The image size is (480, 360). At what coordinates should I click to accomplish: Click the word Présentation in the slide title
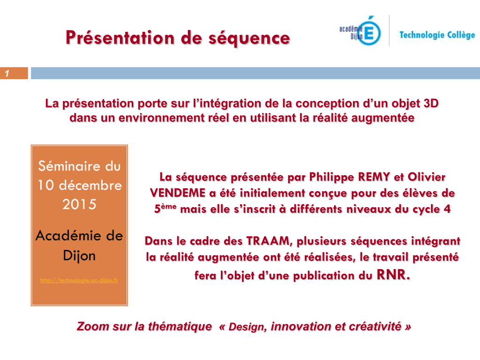click(120, 38)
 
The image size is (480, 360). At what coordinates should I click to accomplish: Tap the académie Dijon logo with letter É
click(360, 30)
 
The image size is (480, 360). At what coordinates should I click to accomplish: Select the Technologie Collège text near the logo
click(437, 35)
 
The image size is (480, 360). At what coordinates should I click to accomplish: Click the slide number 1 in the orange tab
click(7, 74)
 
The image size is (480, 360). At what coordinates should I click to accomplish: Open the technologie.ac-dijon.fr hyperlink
click(79, 280)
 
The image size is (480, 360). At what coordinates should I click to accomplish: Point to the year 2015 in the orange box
click(79, 204)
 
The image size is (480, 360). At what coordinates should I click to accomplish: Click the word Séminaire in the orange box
click(68, 166)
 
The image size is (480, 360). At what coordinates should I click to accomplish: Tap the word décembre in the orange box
click(90, 185)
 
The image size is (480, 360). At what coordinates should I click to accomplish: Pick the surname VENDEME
click(178, 193)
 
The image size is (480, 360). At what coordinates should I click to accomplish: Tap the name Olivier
click(427, 177)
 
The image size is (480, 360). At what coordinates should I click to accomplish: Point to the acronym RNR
click(393, 275)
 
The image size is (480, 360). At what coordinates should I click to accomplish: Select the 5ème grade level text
click(165, 208)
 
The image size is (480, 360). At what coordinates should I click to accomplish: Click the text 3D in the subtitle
click(431, 104)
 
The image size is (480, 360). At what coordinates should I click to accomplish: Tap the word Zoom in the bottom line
click(93, 326)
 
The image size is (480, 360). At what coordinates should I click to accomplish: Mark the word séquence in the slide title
click(249, 39)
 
